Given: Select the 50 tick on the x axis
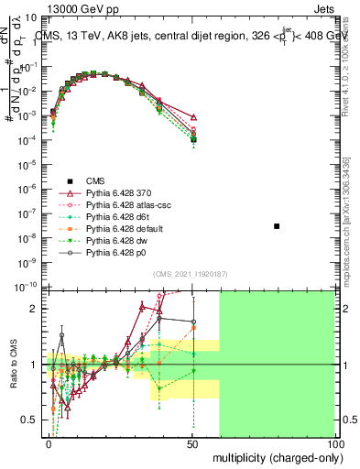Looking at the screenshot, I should click(x=192, y=443).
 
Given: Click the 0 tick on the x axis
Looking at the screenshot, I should click(x=49, y=443).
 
